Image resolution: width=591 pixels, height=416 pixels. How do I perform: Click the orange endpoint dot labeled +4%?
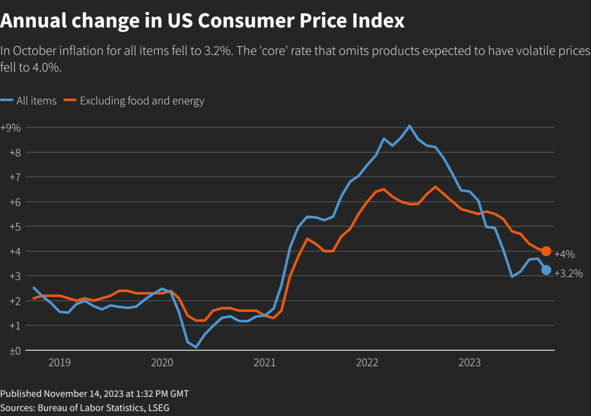click(546, 251)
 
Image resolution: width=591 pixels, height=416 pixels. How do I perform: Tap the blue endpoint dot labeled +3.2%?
click(546, 270)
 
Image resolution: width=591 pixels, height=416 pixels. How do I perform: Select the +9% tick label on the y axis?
click(10, 128)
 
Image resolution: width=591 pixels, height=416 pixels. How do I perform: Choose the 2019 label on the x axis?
click(59, 362)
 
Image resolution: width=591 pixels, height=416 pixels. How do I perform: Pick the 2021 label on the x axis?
click(264, 362)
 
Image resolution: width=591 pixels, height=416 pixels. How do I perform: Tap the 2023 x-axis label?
click(469, 362)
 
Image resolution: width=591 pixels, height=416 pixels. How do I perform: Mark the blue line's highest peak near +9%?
click(409, 126)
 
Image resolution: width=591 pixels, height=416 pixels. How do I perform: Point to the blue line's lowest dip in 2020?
click(196, 347)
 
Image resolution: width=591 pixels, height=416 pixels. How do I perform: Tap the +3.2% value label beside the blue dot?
click(568, 273)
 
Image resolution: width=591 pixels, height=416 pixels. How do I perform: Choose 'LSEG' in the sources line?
click(157, 407)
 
